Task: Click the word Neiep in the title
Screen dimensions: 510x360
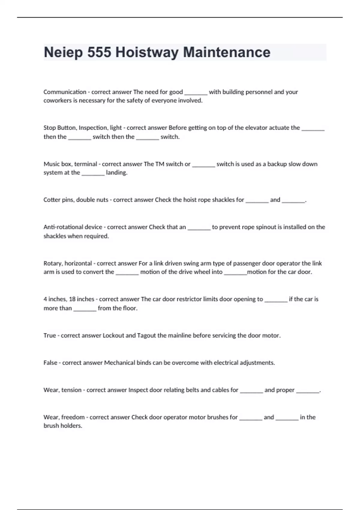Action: coord(63,52)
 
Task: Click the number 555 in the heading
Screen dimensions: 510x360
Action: coord(99,52)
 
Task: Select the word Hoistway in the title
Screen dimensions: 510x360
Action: coord(147,52)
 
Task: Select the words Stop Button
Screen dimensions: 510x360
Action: coord(60,128)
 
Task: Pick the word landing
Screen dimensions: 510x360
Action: coord(116,172)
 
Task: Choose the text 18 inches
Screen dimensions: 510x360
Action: coord(82,299)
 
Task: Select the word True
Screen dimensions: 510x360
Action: coord(49,335)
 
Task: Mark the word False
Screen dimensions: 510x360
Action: coord(50,363)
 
